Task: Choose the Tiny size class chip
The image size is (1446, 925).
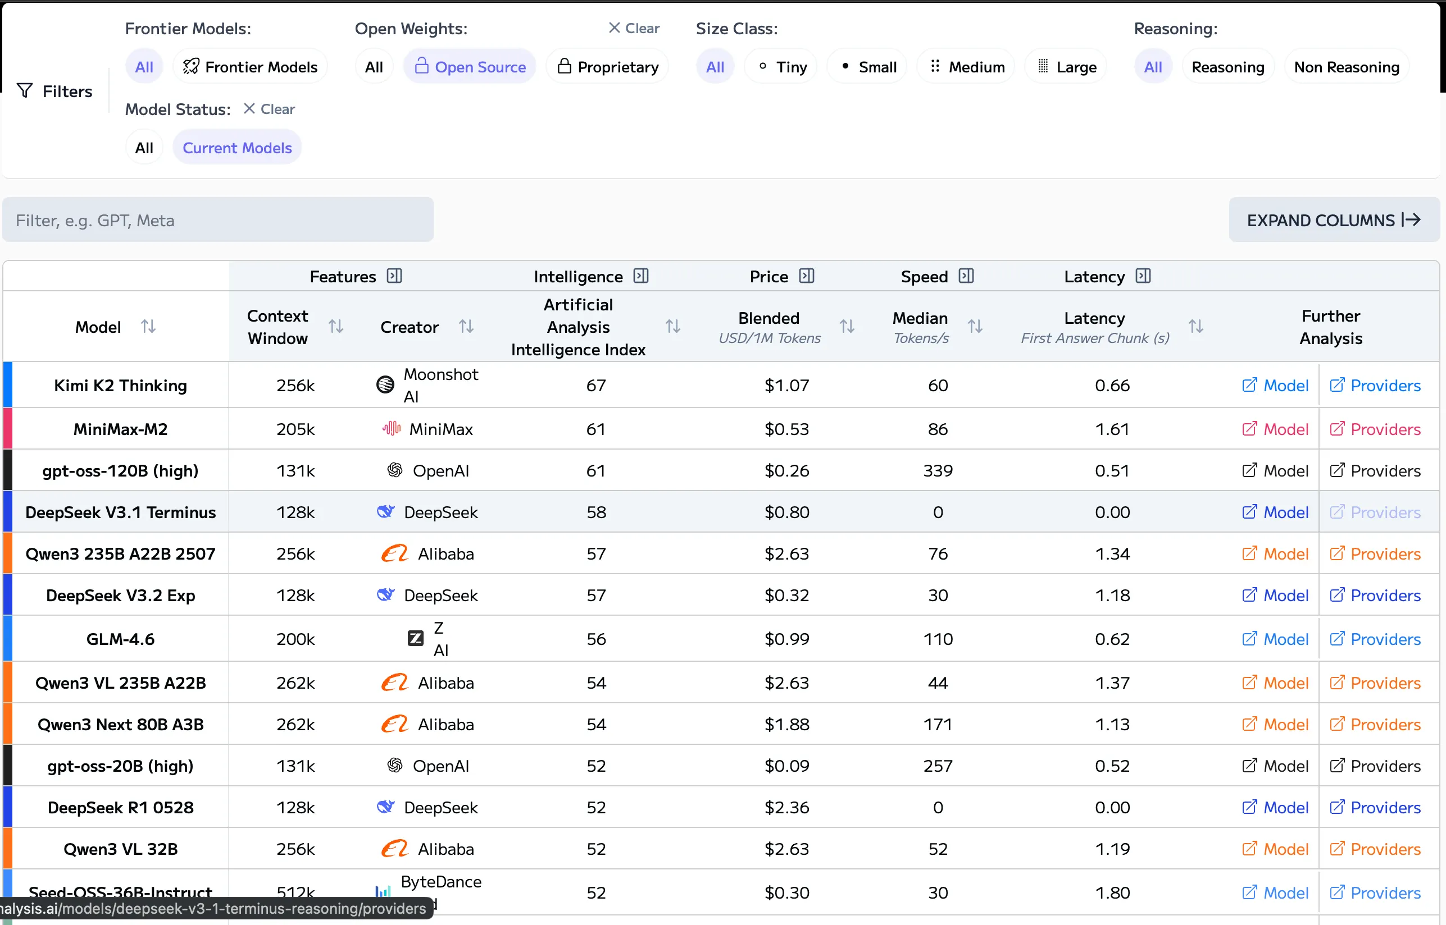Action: click(x=781, y=67)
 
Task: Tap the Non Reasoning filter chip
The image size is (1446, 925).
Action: click(x=1346, y=67)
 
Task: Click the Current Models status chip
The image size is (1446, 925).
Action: click(x=237, y=148)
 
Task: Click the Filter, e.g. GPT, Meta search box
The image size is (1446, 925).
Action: click(x=217, y=221)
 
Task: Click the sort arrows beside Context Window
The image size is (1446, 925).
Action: click(x=336, y=326)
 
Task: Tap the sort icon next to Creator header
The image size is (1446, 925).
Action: click(x=466, y=326)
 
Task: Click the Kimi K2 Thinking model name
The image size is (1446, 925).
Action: click(x=120, y=385)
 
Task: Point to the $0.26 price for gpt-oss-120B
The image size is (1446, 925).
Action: click(x=786, y=470)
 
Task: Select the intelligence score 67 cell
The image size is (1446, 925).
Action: click(x=595, y=385)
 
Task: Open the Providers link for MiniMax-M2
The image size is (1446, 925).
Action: click(x=1375, y=429)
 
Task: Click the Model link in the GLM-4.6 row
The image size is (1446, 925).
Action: click(x=1275, y=639)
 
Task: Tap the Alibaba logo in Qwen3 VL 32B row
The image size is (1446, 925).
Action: click(x=395, y=848)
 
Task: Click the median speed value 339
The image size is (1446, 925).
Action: click(x=938, y=470)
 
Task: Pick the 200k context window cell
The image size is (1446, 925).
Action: click(x=295, y=639)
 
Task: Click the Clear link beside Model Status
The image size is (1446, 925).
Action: click(x=269, y=109)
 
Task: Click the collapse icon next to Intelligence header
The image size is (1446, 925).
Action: click(x=642, y=276)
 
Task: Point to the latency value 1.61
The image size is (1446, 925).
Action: click(x=1112, y=429)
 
